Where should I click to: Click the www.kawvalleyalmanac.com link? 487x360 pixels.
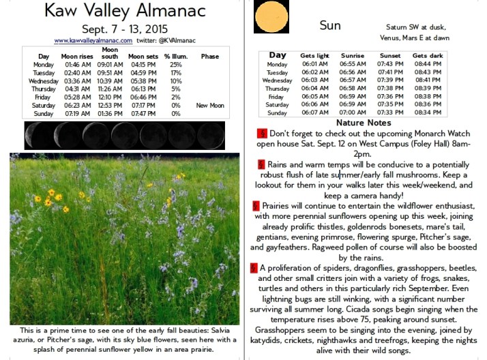pos(93,41)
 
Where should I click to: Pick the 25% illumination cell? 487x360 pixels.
pos(176,65)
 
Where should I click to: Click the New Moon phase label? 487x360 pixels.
pos(209,106)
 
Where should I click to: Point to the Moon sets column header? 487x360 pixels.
pos(143,56)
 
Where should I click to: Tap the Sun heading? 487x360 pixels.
pos(329,25)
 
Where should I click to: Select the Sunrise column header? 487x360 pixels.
pos(353,55)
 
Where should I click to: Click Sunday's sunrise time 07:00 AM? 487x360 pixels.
pos(353,112)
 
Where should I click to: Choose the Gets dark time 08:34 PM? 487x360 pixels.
pos(428,112)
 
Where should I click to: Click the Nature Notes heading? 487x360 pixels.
pos(364,123)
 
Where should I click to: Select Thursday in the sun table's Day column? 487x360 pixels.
pos(277,89)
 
